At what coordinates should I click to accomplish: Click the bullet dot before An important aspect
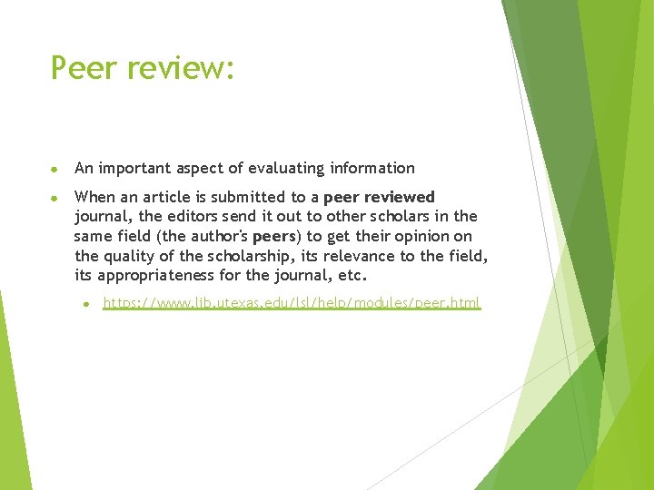click(54, 169)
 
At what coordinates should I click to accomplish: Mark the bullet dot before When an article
click(54, 197)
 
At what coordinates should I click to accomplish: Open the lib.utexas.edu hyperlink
click(291, 303)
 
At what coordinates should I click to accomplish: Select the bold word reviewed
click(400, 197)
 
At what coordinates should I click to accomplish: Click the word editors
click(206, 216)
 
